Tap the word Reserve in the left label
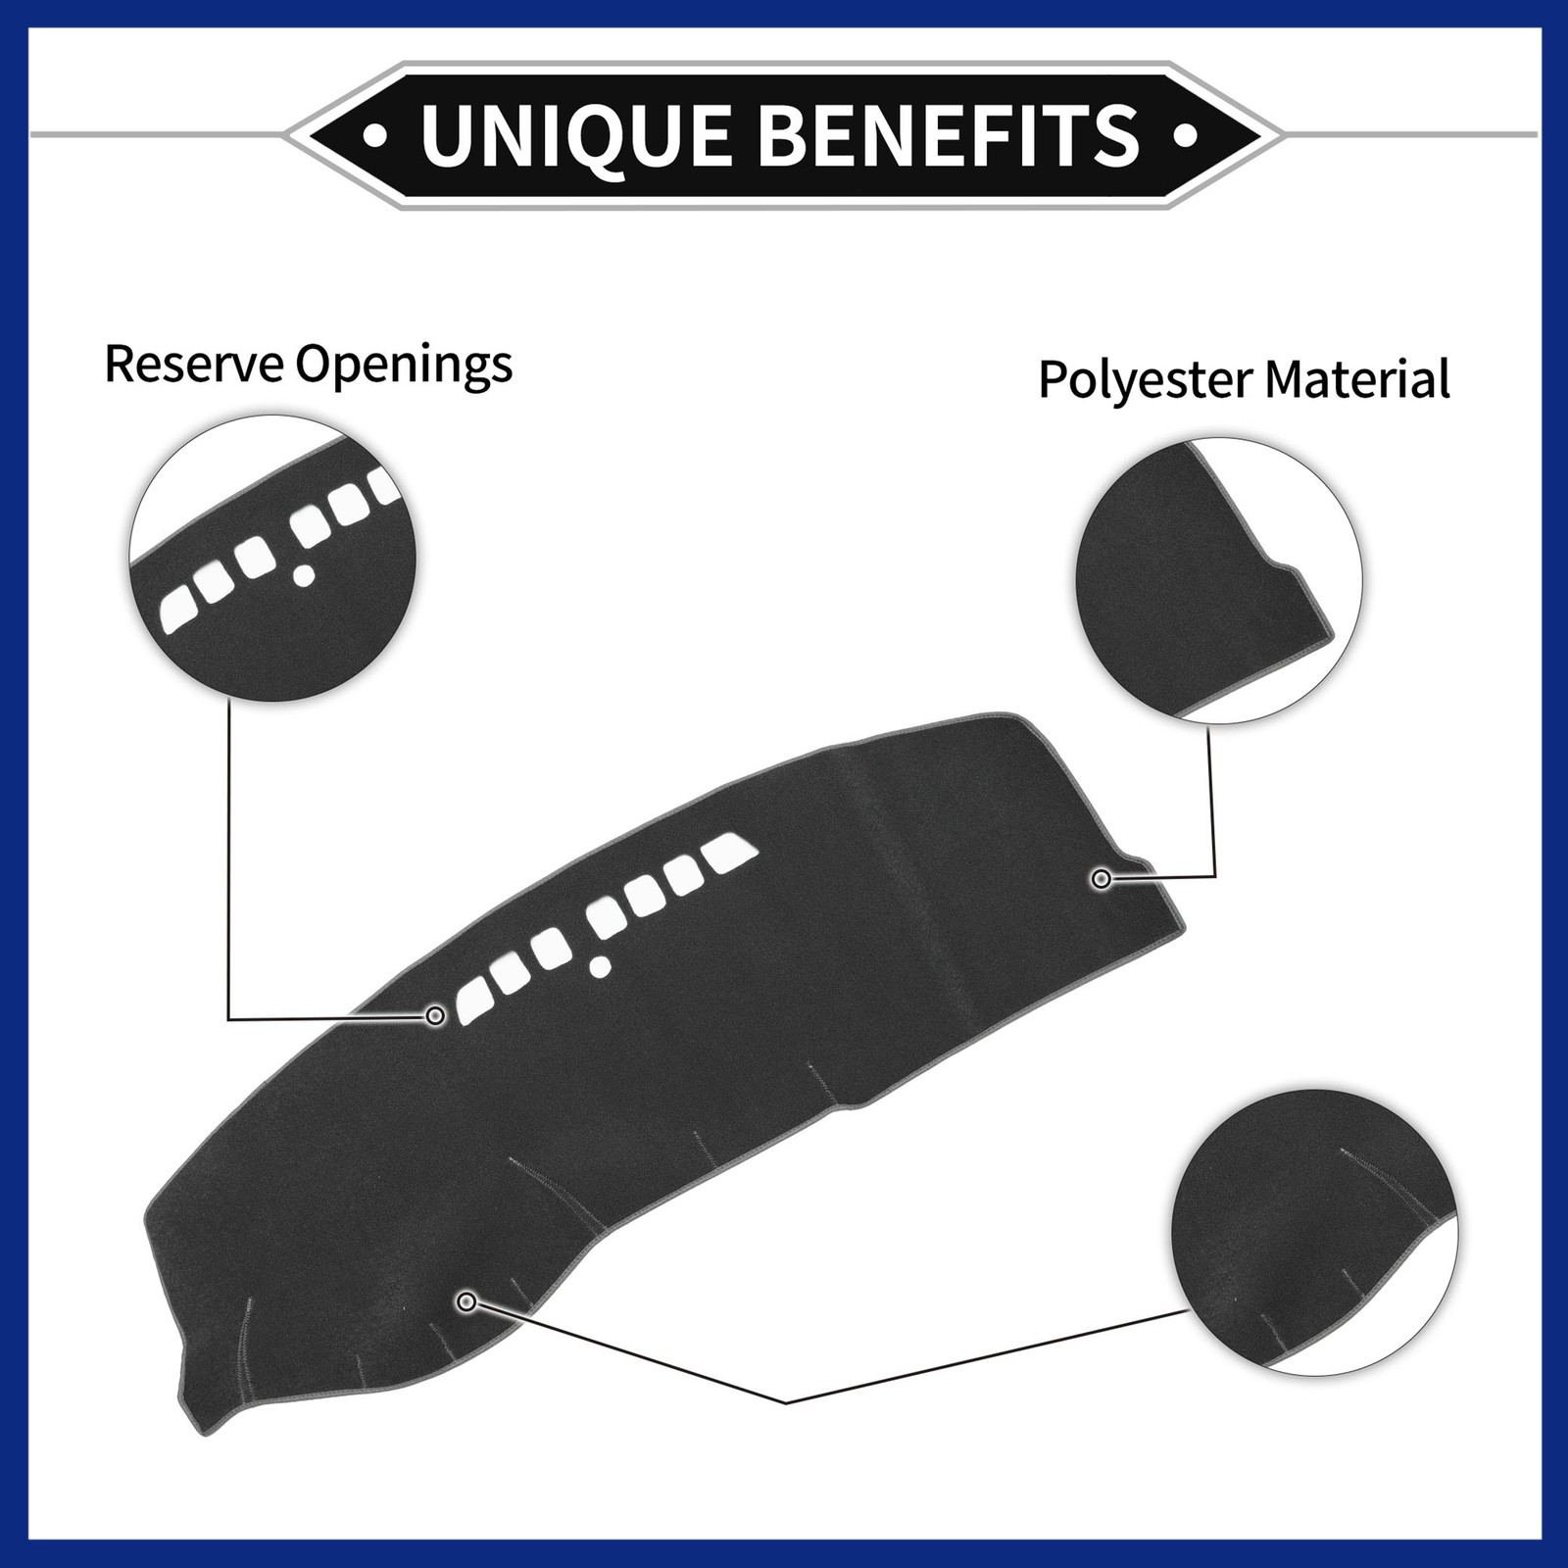[194, 364]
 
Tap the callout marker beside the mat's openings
[436, 1015]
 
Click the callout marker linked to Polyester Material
[1102, 879]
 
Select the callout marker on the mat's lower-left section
[467, 1301]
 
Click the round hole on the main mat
[601, 968]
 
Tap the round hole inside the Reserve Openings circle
[305, 575]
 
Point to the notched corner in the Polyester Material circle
[1284, 566]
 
